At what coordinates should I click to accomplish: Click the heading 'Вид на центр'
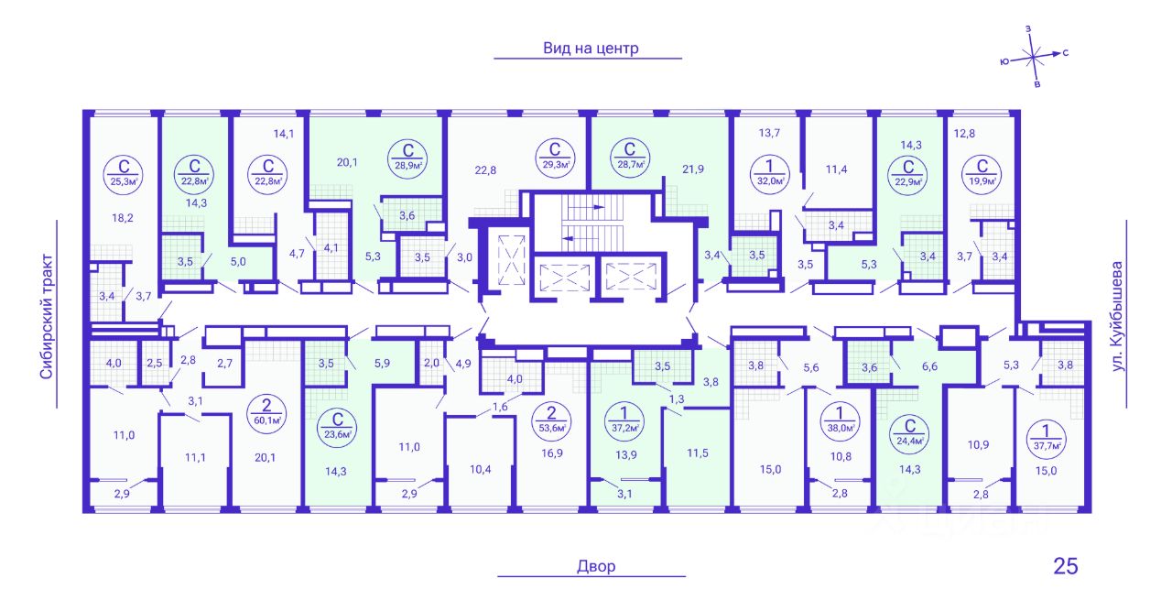click(x=591, y=49)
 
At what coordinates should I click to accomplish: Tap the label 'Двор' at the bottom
click(x=596, y=566)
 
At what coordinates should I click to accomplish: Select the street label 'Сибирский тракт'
click(x=47, y=316)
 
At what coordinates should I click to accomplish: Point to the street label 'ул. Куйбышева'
click(x=1117, y=317)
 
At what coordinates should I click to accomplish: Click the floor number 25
click(x=1065, y=566)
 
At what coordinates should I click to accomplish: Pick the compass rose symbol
click(x=1034, y=57)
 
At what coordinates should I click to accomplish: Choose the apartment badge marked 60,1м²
click(x=266, y=411)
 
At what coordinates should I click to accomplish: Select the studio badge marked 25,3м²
click(x=124, y=174)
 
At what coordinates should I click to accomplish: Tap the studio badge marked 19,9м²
click(x=982, y=174)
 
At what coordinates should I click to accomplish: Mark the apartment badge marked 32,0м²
click(x=769, y=174)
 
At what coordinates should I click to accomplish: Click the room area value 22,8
click(x=485, y=170)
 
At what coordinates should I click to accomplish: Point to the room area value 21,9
click(x=693, y=169)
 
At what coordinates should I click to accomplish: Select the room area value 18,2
click(x=123, y=218)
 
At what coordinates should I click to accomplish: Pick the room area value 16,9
click(x=552, y=453)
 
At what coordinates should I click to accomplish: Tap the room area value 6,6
click(x=929, y=366)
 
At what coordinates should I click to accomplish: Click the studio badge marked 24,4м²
click(x=910, y=432)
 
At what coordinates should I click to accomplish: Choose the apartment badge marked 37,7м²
click(x=1046, y=438)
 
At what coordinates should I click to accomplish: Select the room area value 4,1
click(x=331, y=248)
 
